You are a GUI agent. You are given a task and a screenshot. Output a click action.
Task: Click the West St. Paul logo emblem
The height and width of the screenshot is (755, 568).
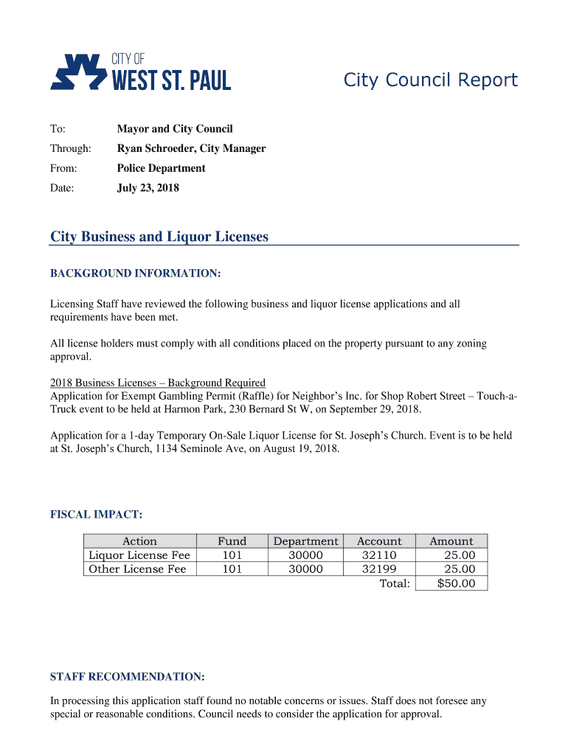pos(77,72)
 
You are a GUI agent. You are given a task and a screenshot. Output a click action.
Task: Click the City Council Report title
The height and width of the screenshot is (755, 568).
pos(431,80)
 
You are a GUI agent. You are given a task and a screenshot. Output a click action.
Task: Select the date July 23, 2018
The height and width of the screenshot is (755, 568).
pos(148,188)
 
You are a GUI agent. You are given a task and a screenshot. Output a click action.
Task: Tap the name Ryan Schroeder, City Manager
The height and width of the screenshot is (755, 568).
pos(191,148)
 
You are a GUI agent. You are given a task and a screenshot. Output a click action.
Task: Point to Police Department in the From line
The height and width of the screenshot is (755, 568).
pos(161,168)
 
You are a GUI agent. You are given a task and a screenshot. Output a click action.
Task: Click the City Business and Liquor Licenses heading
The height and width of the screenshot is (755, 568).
pos(159,237)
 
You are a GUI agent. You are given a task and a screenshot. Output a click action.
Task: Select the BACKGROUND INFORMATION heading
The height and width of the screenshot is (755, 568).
pos(135,274)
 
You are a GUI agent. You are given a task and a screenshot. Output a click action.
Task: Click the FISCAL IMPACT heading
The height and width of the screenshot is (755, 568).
pos(96,513)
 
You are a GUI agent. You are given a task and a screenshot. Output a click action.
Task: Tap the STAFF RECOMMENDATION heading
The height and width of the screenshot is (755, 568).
pos(127,676)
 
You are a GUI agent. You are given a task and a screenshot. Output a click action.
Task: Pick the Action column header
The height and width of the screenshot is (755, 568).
pos(139,541)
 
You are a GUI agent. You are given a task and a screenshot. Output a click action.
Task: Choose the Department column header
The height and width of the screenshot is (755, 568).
pos(305,541)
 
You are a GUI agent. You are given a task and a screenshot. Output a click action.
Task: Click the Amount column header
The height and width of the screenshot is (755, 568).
pos(451,541)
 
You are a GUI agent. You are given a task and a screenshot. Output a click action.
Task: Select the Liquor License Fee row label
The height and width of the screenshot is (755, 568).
pos(139,555)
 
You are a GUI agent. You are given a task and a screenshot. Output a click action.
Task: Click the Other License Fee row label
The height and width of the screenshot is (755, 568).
pos(137,569)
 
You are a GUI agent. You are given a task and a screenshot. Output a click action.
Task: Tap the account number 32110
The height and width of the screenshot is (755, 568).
pos(379,555)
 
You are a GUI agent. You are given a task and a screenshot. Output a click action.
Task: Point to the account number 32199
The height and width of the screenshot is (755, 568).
pos(379,569)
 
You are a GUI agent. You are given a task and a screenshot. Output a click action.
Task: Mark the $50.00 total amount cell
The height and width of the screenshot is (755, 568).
pos(457,584)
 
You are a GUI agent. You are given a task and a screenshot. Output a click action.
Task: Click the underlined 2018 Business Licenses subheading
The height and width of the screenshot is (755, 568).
pos(157,383)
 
